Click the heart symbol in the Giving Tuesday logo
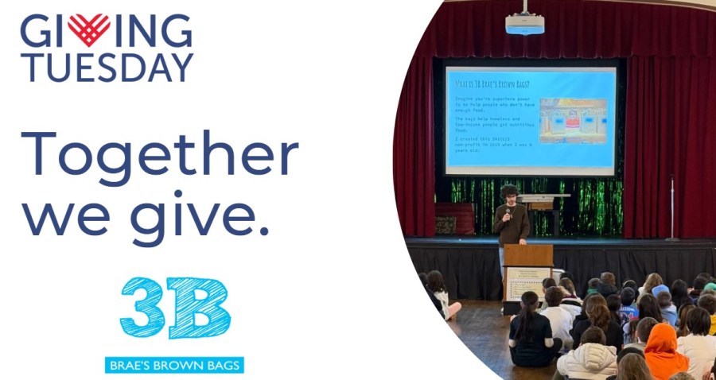pos(88,31)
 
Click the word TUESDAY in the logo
pos(107,68)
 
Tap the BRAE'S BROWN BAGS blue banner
pos(174,365)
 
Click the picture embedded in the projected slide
pos(573,120)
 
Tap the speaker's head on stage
pos(509,192)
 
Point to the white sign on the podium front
pos(528,283)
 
